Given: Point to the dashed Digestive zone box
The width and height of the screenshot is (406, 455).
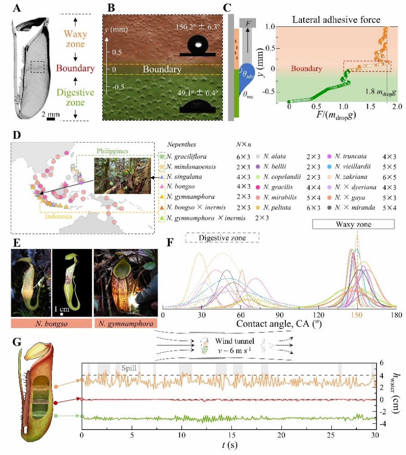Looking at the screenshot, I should click(x=221, y=237).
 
